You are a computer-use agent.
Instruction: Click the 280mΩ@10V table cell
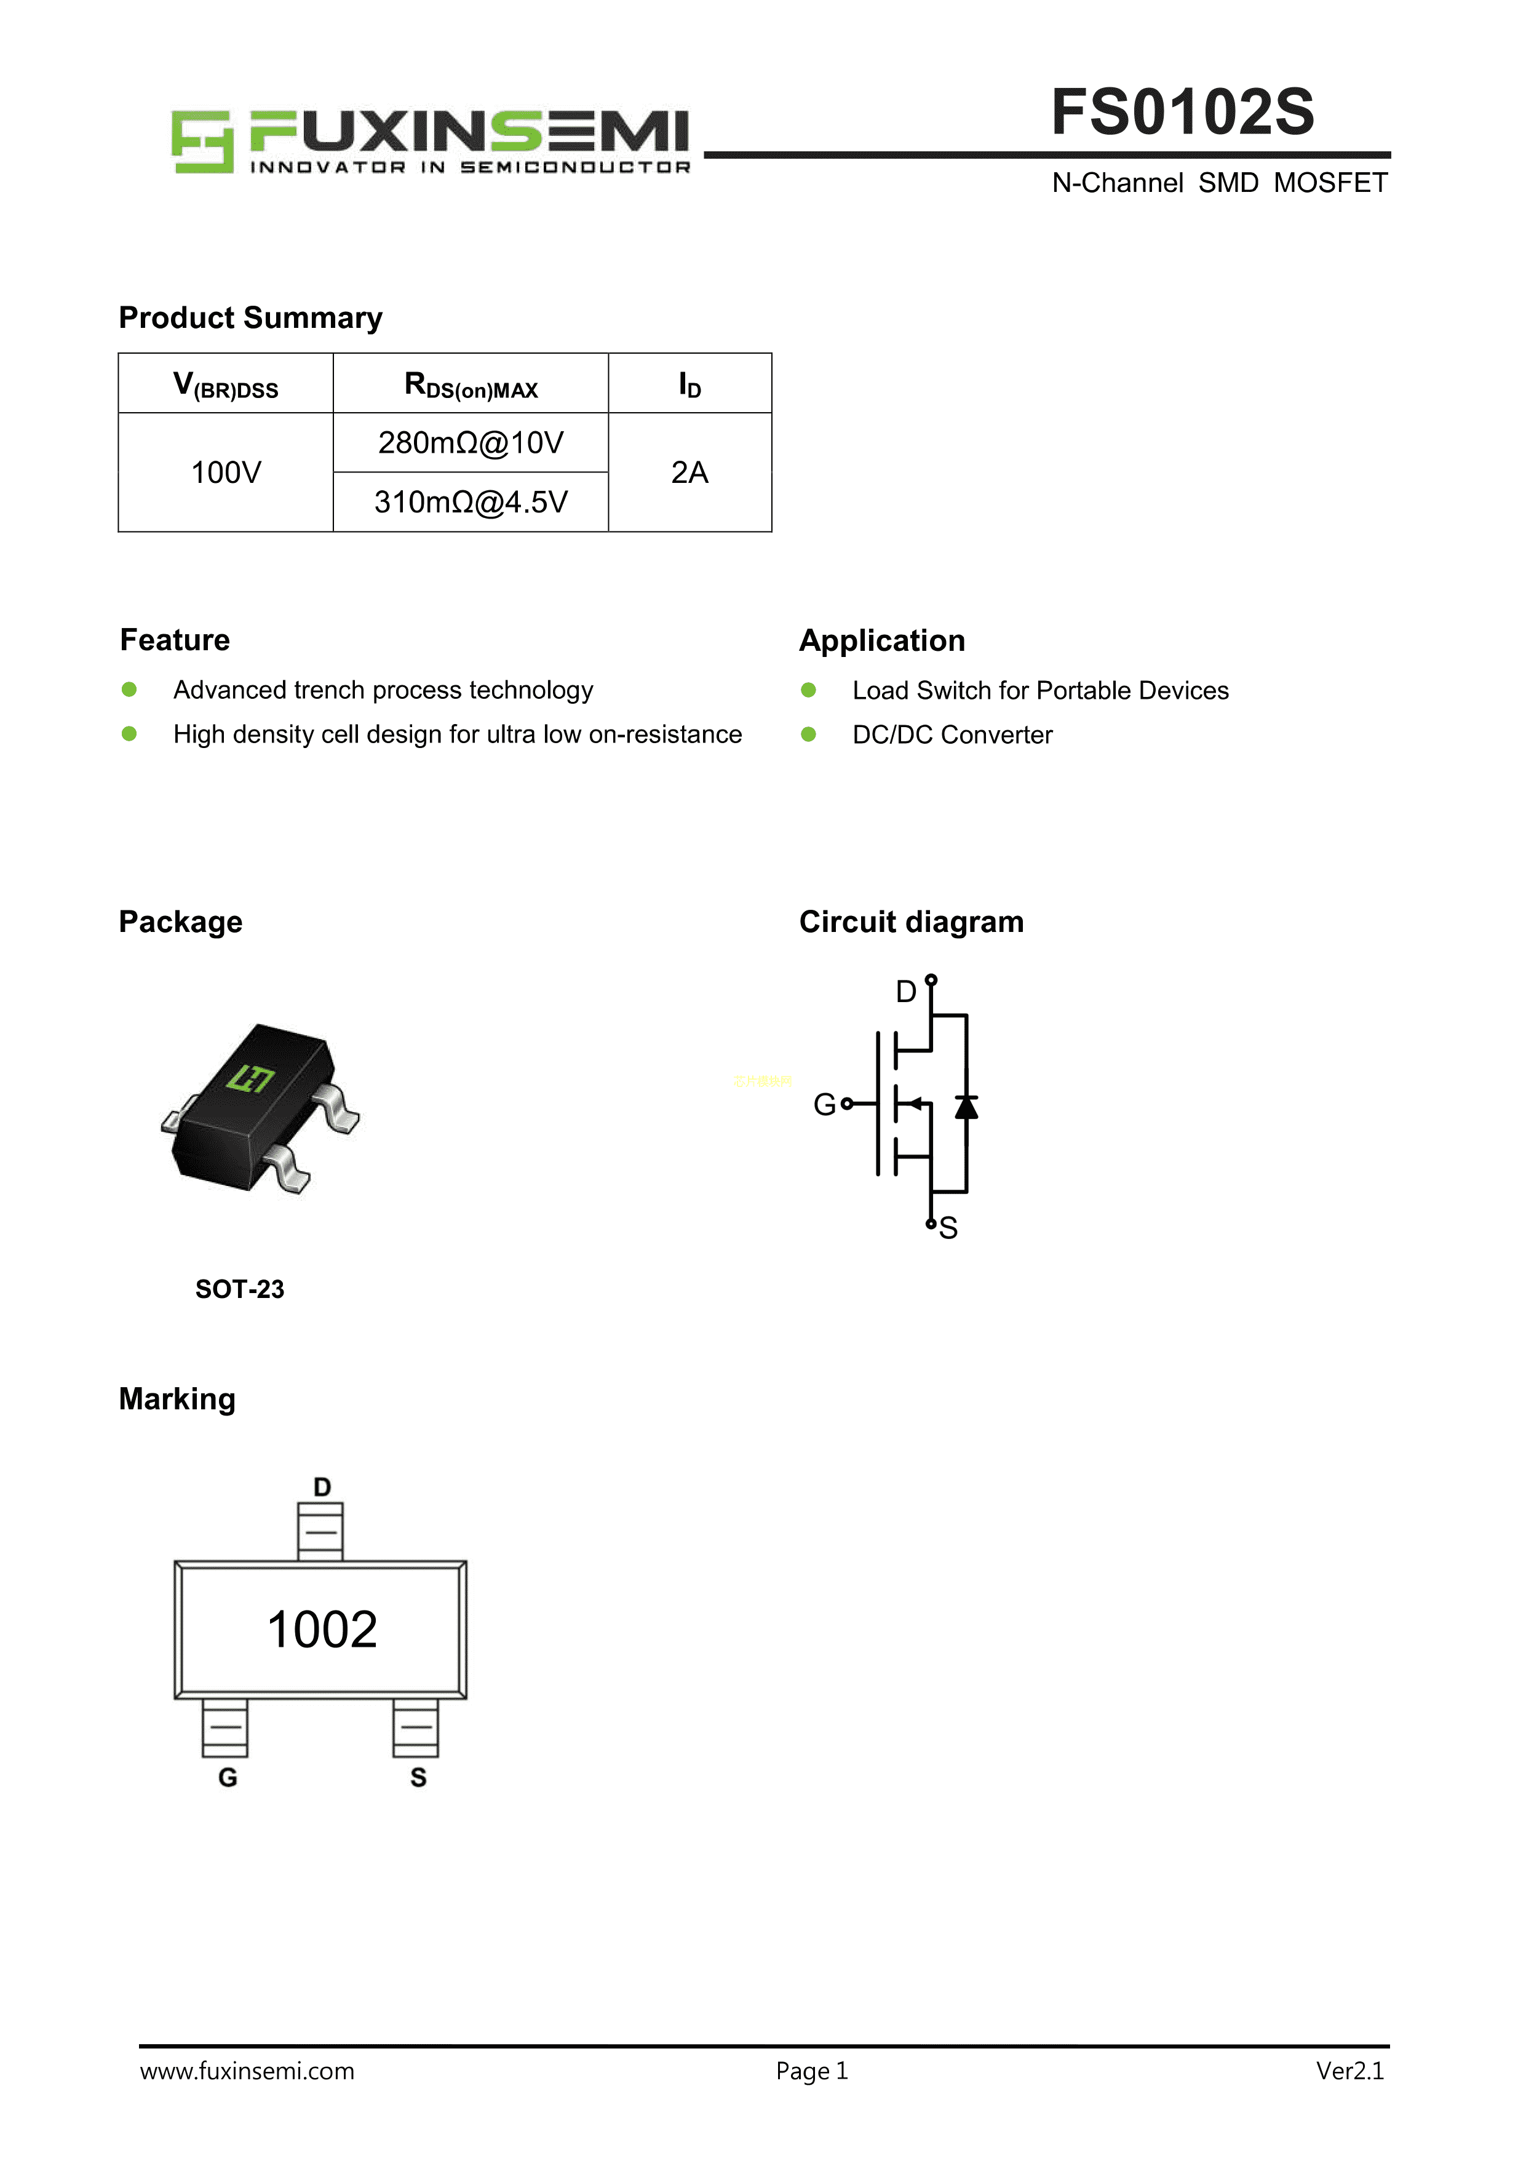[x=470, y=443]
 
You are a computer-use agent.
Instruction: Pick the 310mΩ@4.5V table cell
[x=470, y=502]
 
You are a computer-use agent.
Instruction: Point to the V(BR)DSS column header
[x=226, y=384]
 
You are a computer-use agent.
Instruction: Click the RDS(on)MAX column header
[x=470, y=384]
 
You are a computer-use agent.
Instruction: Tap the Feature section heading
[x=175, y=640]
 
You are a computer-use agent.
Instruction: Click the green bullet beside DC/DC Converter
[x=808, y=734]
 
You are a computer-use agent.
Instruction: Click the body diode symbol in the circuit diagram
[x=966, y=1107]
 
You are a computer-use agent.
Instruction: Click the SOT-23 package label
[x=240, y=1289]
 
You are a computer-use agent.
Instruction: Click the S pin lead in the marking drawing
[x=415, y=1727]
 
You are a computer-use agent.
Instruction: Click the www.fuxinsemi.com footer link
[x=247, y=2071]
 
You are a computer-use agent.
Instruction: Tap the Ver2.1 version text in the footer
[x=1349, y=2071]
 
